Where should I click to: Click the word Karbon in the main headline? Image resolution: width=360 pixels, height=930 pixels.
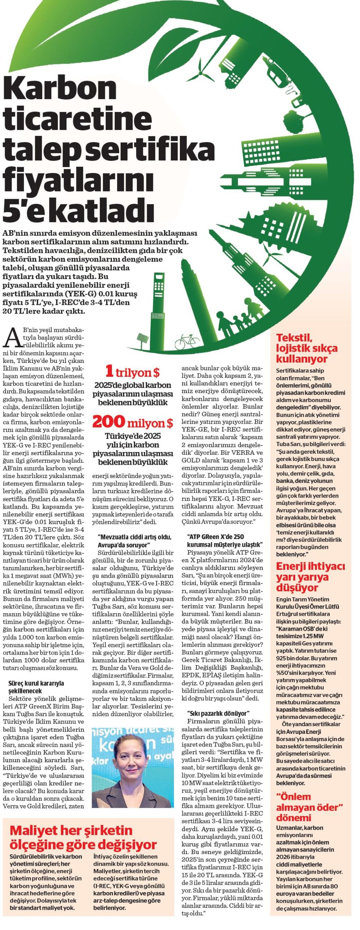(60, 88)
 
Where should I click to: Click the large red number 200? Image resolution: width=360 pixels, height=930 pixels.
(109, 422)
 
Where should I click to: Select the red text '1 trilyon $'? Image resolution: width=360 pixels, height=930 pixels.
(132, 372)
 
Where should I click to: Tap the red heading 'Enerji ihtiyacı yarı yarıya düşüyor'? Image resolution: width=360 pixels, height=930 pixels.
(310, 577)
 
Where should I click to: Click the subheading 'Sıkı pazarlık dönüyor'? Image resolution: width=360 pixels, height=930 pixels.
(218, 713)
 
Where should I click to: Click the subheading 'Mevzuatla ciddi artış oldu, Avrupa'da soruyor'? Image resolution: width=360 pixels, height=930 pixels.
(134, 541)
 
